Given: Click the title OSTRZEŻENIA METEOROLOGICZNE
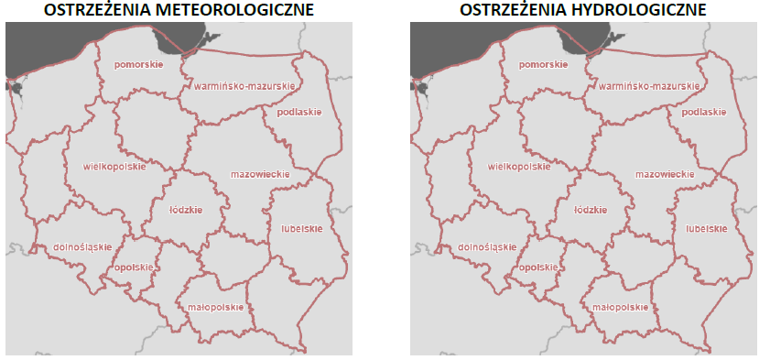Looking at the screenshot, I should coord(179,11).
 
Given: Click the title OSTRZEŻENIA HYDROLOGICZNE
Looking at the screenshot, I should coord(582,11).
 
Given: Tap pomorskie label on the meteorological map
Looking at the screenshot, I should coord(137,65).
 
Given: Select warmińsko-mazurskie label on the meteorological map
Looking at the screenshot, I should coord(244,86).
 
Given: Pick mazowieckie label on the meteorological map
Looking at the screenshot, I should coord(260,174).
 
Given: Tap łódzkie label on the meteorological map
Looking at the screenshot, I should coord(186,209).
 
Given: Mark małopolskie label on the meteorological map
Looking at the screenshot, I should coord(214,307).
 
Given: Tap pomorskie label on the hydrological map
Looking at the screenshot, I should coord(542,65).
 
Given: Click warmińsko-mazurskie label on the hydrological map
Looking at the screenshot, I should coord(648,86).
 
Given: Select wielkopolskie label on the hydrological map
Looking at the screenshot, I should coord(519,167).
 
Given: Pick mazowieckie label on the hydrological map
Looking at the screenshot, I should coord(665,174).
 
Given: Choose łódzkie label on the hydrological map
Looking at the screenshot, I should coord(591,209).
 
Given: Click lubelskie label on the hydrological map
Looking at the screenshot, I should coord(701,228).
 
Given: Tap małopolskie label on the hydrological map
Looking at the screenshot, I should coord(619,307).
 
